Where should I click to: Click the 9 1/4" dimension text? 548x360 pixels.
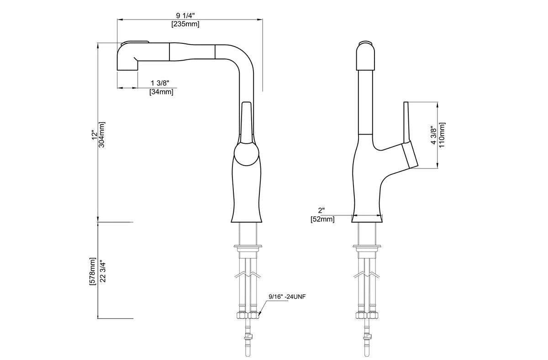pyautogui.click(x=185, y=16)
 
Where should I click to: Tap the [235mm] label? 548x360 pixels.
pyautogui.click(x=185, y=24)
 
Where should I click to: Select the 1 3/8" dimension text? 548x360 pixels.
pyautogui.click(x=160, y=83)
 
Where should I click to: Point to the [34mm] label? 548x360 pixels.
pyautogui.click(x=161, y=92)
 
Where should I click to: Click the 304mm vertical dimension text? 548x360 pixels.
pyautogui.click(x=101, y=135)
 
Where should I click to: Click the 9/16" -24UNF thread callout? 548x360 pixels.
pyautogui.click(x=287, y=297)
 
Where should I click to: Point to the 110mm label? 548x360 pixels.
pyautogui.click(x=442, y=135)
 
